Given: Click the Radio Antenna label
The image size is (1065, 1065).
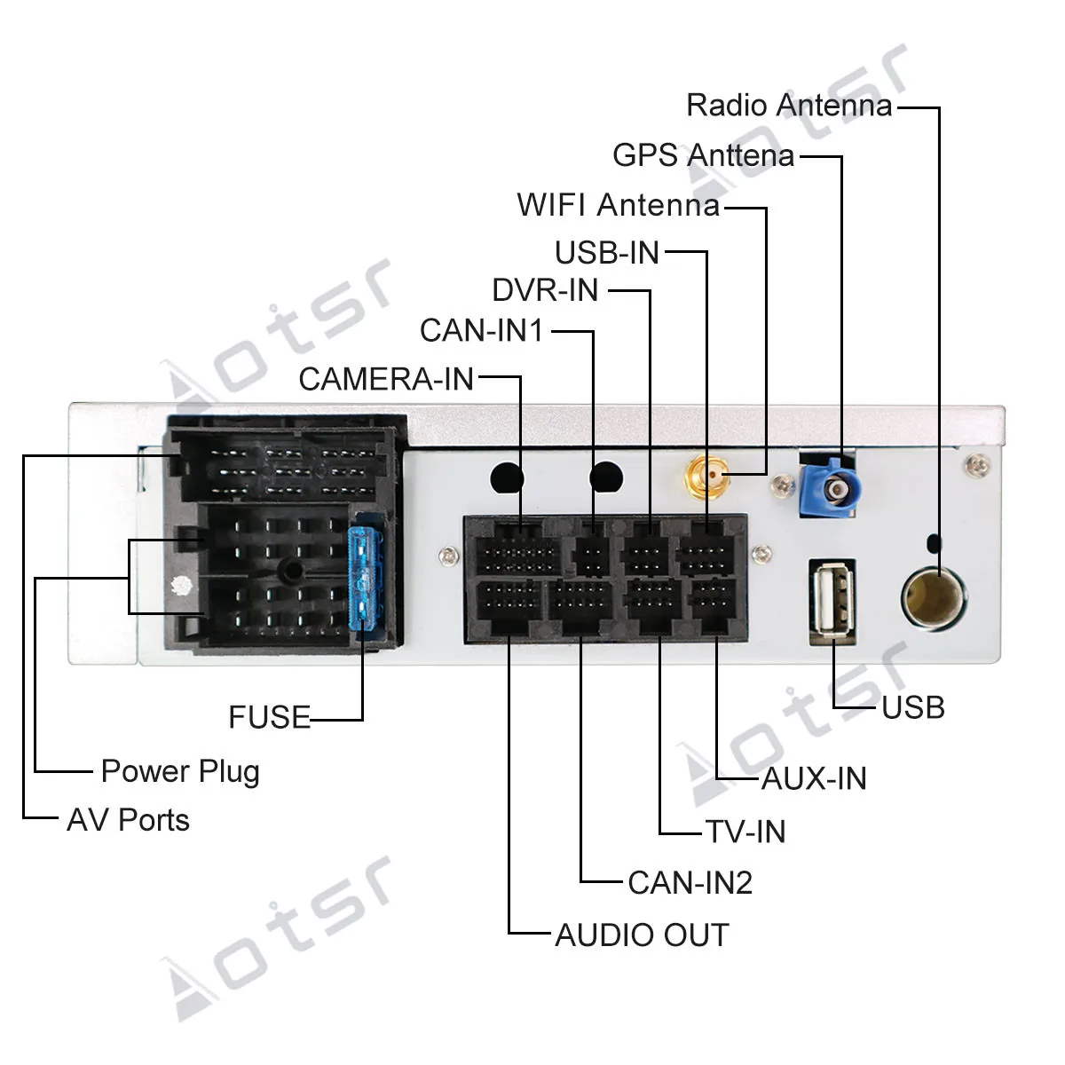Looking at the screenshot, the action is pos(789,105).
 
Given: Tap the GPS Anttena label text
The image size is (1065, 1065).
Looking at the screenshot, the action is pos(703,154).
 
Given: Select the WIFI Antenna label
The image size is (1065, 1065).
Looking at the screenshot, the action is pos(619,204).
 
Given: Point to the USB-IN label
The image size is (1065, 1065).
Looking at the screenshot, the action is pos(607,253).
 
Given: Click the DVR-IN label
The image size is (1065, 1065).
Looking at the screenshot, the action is pos(545,290).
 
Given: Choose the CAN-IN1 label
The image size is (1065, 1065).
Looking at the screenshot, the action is pos(481,330).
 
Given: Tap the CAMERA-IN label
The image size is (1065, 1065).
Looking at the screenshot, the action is pos(386,379).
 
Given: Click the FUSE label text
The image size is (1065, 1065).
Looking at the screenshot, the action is pos(270,717).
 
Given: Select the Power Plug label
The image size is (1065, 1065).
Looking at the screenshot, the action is pos(180,772).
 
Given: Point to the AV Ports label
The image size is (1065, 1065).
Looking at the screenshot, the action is pos(128,820).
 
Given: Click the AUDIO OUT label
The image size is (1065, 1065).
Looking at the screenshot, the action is pos(642,935).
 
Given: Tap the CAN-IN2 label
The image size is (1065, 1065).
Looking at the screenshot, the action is pos(690,882).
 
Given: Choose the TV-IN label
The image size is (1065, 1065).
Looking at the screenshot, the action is pos(745,832).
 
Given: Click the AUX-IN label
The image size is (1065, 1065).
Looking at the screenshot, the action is pos(814,778).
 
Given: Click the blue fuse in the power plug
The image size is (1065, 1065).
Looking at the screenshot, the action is pos(363,580).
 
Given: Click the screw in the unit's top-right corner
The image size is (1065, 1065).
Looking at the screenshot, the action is pos(978,465).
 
